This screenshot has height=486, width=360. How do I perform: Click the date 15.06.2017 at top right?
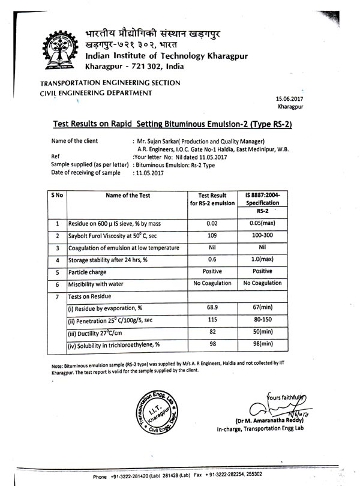click(290, 98)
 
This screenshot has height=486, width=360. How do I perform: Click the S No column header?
click(58, 195)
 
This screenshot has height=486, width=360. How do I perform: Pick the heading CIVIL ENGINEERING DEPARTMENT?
click(96, 93)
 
